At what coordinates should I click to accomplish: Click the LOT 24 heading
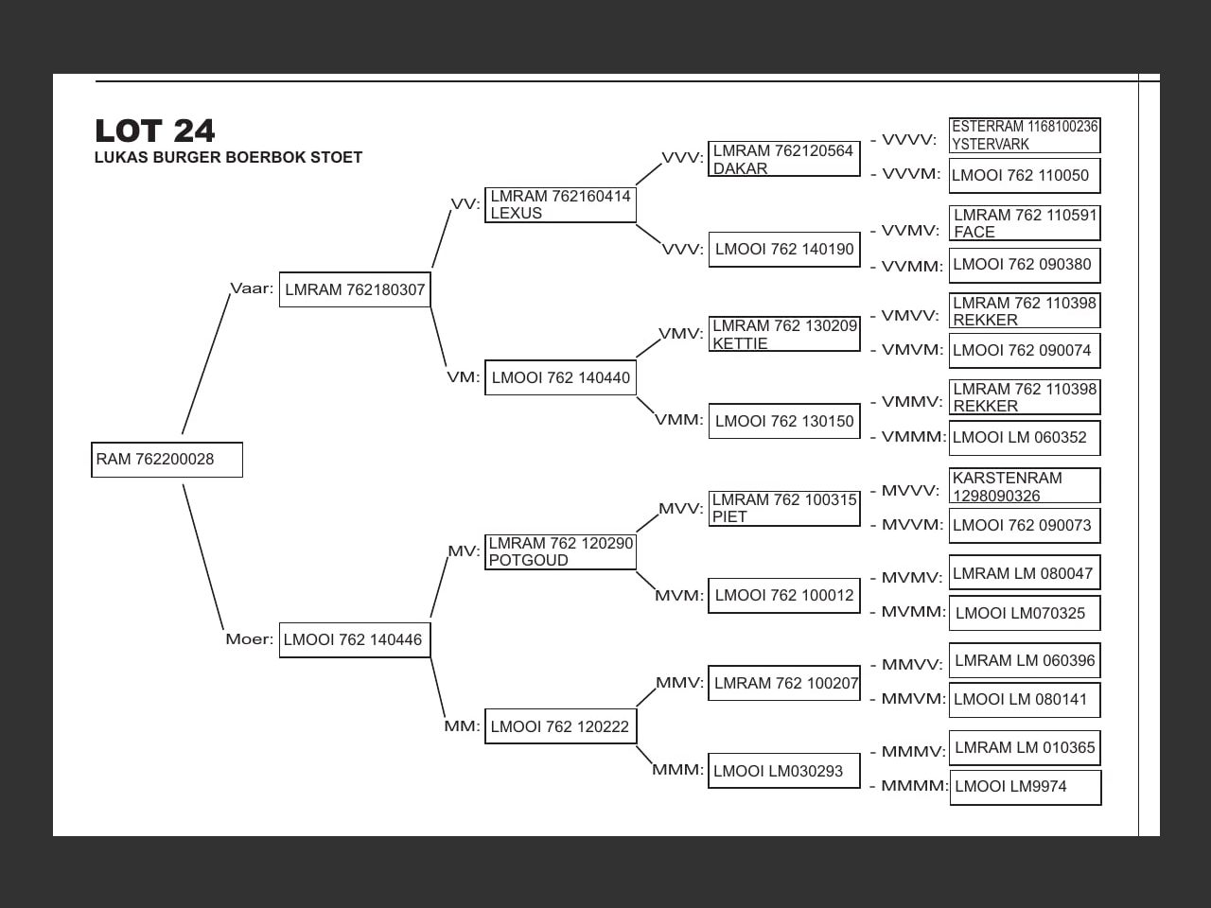[x=155, y=131]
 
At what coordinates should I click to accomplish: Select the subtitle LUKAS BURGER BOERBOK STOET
[x=228, y=158]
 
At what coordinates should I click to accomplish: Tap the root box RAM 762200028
[x=167, y=460]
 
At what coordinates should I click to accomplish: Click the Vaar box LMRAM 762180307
[x=355, y=289]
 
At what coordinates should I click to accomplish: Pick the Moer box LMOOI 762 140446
[x=355, y=640]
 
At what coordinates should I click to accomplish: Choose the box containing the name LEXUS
[x=560, y=205]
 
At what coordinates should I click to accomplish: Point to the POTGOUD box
[x=560, y=551]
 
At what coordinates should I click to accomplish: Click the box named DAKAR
[x=784, y=159]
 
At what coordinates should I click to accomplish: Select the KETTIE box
[x=784, y=334]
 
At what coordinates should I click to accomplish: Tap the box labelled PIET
[x=784, y=508]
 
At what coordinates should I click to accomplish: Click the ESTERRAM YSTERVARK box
[x=1025, y=135]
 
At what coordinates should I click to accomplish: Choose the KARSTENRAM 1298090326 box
[x=1025, y=486]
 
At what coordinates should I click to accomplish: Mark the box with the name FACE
[x=1025, y=223]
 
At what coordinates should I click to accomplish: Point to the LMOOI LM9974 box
[x=1026, y=787]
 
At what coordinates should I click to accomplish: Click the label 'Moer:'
[x=250, y=639]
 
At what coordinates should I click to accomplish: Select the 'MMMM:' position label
[x=914, y=786]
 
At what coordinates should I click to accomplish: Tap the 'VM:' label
[x=464, y=377]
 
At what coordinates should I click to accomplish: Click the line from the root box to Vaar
[x=205, y=364]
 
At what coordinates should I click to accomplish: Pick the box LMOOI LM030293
[x=783, y=771]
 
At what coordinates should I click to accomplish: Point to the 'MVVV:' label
[x=910, y=491]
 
